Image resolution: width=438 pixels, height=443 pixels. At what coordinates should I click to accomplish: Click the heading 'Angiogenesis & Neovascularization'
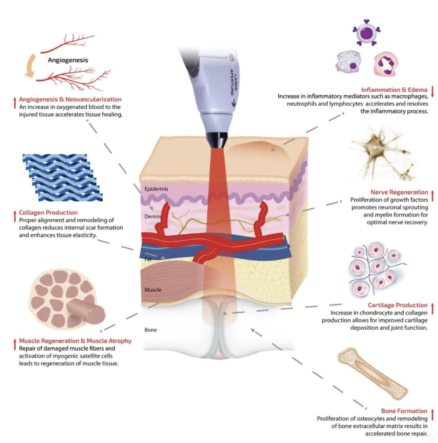70,99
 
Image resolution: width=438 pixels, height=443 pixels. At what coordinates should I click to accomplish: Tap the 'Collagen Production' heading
48,212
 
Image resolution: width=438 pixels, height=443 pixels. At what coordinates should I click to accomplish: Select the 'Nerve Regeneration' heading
399,192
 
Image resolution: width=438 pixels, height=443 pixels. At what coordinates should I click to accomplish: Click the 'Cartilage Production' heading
397,305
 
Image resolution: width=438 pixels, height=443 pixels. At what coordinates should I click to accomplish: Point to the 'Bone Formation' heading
404,411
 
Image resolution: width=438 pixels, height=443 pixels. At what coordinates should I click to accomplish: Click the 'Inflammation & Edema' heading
394,90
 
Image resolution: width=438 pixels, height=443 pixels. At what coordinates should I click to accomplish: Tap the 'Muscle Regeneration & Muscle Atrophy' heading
75,341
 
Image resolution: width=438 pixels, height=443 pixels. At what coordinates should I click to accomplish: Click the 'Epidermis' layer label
156,189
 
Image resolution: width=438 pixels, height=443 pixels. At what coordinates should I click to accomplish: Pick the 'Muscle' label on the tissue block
153,290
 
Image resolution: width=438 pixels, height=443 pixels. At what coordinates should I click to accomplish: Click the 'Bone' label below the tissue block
151,330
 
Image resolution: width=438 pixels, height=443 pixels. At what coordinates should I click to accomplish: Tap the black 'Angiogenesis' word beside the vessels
68,60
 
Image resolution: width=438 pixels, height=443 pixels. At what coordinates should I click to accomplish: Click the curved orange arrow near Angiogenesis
31,66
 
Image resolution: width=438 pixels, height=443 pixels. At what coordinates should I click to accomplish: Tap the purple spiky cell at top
367,33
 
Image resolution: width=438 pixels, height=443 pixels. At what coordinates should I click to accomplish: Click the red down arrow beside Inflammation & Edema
432,92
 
